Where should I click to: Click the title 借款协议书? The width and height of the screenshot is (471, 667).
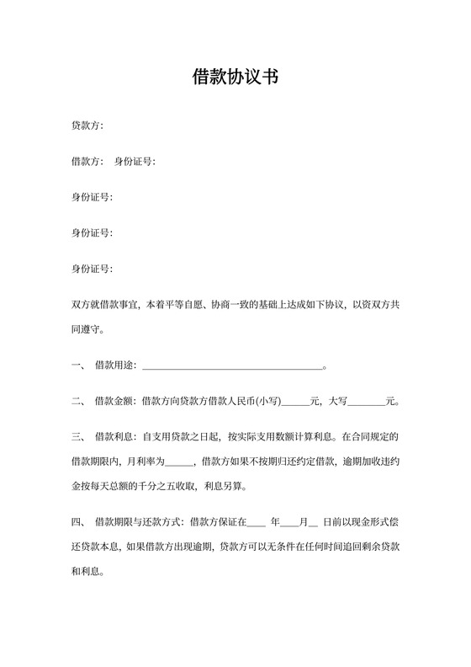235,78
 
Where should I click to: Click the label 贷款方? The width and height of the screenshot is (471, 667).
87,125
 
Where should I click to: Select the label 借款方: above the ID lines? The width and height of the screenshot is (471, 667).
87,162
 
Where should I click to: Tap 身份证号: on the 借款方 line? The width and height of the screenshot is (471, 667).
135,162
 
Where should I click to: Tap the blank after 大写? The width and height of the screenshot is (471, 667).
364,403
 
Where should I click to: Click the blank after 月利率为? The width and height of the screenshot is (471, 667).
179,463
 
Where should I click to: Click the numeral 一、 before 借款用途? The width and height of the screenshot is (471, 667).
77,366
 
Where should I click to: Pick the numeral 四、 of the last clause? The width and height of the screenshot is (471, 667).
77,522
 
